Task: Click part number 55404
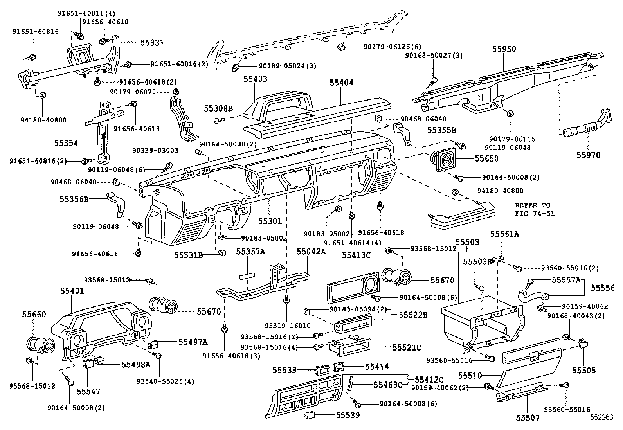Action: click(x=341, y=83)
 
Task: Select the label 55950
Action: click(x=504, y=49)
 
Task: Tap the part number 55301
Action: click(x=270, y=221)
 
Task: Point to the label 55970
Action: click(x=588, y=155)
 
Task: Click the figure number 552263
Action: click(x=601, y=417)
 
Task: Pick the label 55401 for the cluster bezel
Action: click(x=72, y=291)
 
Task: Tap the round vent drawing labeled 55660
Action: click(x=38, y=344)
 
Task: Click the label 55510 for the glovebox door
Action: click(x=470, y=376)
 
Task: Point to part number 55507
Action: click(x=528, y=417)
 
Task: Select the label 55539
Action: click(x=348, y=415)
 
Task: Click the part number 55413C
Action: click(x=356, y=255)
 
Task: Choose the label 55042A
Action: click(x=311, y=252)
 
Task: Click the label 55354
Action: click(x=66, y=143)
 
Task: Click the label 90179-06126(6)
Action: click(x=387, y=47)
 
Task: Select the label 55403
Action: click(x=255, y=79)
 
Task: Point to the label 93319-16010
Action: click(x=287, y=326)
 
